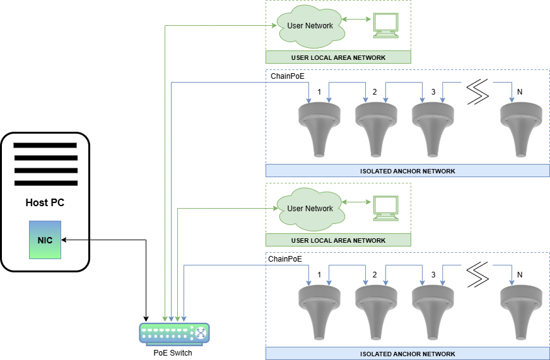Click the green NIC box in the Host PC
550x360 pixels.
pos(45,240)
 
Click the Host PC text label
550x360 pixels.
pos(45,203)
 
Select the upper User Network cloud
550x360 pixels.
pos(310,26)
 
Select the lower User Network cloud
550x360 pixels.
pos(310,209)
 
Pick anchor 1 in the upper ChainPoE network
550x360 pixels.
pos(319,129)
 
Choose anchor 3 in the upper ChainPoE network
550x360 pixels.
pos(433,129)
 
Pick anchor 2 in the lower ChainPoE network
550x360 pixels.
pos(377,311)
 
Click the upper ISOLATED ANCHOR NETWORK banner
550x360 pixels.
pos(407,171)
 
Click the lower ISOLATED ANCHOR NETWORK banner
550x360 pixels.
pos(407,354)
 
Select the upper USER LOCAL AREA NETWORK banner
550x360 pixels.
pos(338,57)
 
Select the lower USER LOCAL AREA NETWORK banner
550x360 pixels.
pos(338,240)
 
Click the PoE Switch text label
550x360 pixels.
pos(173,353)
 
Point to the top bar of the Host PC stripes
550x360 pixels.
pos(45,145)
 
